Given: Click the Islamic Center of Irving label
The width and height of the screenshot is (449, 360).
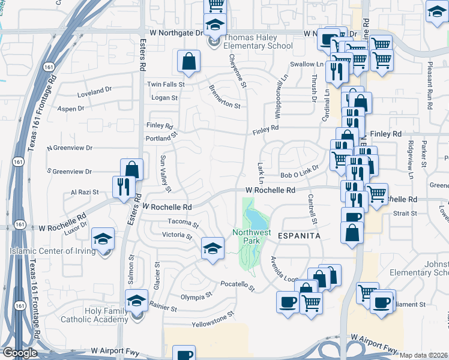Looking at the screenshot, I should pyautogui.click(x=53, y=251).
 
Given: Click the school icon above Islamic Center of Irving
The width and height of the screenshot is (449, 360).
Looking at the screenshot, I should pyautogui.click(x=103, y=239).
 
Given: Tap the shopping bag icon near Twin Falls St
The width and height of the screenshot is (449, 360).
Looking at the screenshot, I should pyautogui.click(x=188, y=61).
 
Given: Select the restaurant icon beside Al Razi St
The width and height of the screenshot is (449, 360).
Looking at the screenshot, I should pyautogui.click(x=121, y=186).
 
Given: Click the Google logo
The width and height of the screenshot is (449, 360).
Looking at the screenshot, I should pyautogui.click(x=19, y=353).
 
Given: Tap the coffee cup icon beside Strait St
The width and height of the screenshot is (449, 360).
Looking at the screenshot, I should pyautogui.click(x=352, y=218).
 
